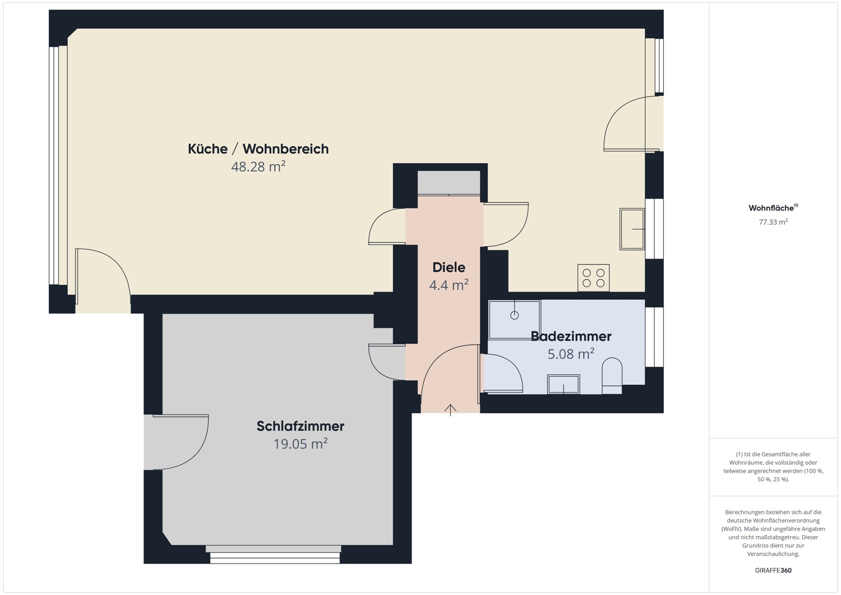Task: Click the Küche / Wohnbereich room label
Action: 258,149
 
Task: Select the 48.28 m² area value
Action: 258,167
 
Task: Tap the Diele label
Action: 449,267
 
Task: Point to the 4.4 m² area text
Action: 449,285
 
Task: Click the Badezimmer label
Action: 571,336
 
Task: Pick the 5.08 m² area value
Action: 571,354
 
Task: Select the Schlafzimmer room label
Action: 300,426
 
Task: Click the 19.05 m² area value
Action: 300,444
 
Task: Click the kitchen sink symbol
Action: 632,229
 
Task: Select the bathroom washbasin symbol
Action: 563,385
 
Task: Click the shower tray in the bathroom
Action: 514,320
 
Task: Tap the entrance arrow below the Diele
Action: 450,409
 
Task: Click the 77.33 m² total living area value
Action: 773,222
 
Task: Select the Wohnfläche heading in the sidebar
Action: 771,208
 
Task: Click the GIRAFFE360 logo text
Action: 773,570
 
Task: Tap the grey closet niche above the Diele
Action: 449,183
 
